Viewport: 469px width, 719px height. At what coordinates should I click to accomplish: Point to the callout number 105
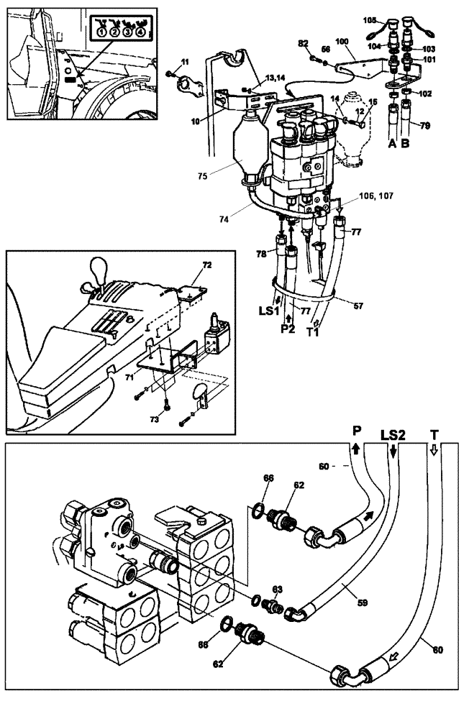tap(370, 20)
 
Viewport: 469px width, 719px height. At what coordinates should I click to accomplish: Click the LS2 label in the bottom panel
tap(393, 435)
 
